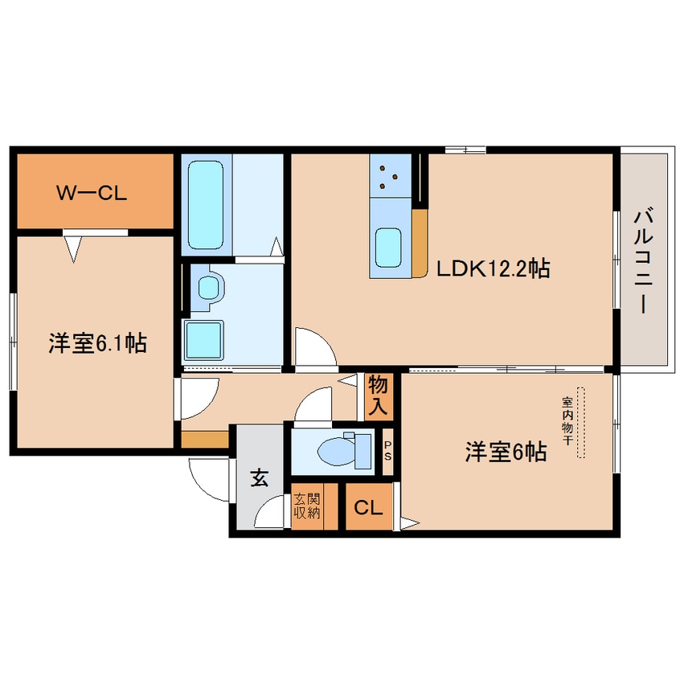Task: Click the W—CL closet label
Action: (x=92, y=193)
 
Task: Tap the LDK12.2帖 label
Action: (x=493, y=269)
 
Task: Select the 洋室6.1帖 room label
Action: (x=97, y=343)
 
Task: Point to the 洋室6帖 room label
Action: (x=506, y=452)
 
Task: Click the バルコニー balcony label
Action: (x=644, y=261)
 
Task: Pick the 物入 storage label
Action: (x=378, y=396)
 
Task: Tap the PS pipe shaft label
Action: (x=387, y=452)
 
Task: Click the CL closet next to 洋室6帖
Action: (x=368, y=507)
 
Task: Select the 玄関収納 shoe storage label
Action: (x=307, y=506)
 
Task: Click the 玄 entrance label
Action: (x=260, y=478)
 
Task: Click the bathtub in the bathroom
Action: (x=206, y=205)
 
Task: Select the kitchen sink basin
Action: (x=387, y=248)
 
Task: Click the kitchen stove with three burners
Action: (x=391, y=175)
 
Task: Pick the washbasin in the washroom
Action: (x=209, y=287)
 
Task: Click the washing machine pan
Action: (x=203, y=340)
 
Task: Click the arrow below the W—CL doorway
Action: (x=73, y=249)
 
